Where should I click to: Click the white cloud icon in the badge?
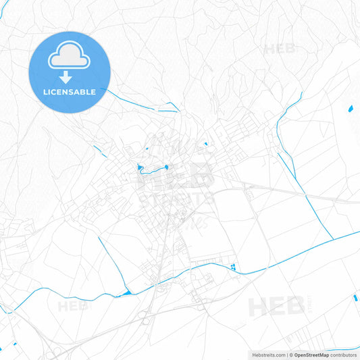(70, 59)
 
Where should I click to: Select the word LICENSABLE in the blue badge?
(70, 91)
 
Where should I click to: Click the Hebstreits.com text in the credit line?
(267, 355)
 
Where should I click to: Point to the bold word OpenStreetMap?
(311, 355)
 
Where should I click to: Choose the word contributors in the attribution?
(343, 355)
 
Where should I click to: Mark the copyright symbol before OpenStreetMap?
(290, 355)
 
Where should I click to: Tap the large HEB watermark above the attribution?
(276, 307)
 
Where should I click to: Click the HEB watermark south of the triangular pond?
(73, 306)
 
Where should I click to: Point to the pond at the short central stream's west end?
(140, 167)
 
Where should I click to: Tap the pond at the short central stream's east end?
(165, 166)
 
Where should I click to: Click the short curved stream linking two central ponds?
(153, 170)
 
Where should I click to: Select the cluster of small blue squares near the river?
(233, 267)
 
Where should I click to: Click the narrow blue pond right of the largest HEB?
(355, 297)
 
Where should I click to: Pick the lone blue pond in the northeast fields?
(350, 108)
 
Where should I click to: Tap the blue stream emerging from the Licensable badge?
(142, 104)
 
